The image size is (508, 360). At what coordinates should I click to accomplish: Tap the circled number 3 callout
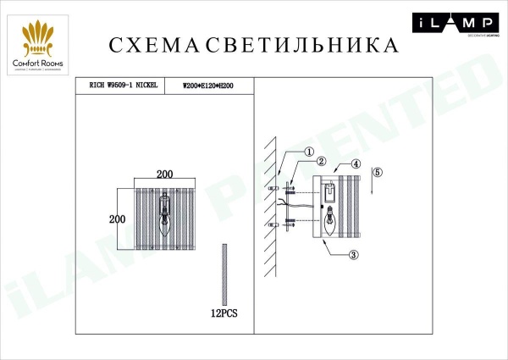coord(354,253)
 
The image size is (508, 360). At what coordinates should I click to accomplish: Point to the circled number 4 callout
coord(356,164)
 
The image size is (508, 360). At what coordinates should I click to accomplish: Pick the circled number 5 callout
coord(378,172)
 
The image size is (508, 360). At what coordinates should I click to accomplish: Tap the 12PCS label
coord(224,313)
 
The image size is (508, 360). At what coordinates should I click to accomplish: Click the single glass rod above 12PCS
coord(224,274)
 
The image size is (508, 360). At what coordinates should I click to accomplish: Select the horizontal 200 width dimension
coord(165,174)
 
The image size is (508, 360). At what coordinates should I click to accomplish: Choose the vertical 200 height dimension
coord(117,218)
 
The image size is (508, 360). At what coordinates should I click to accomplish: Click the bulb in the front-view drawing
coord(166,224)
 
